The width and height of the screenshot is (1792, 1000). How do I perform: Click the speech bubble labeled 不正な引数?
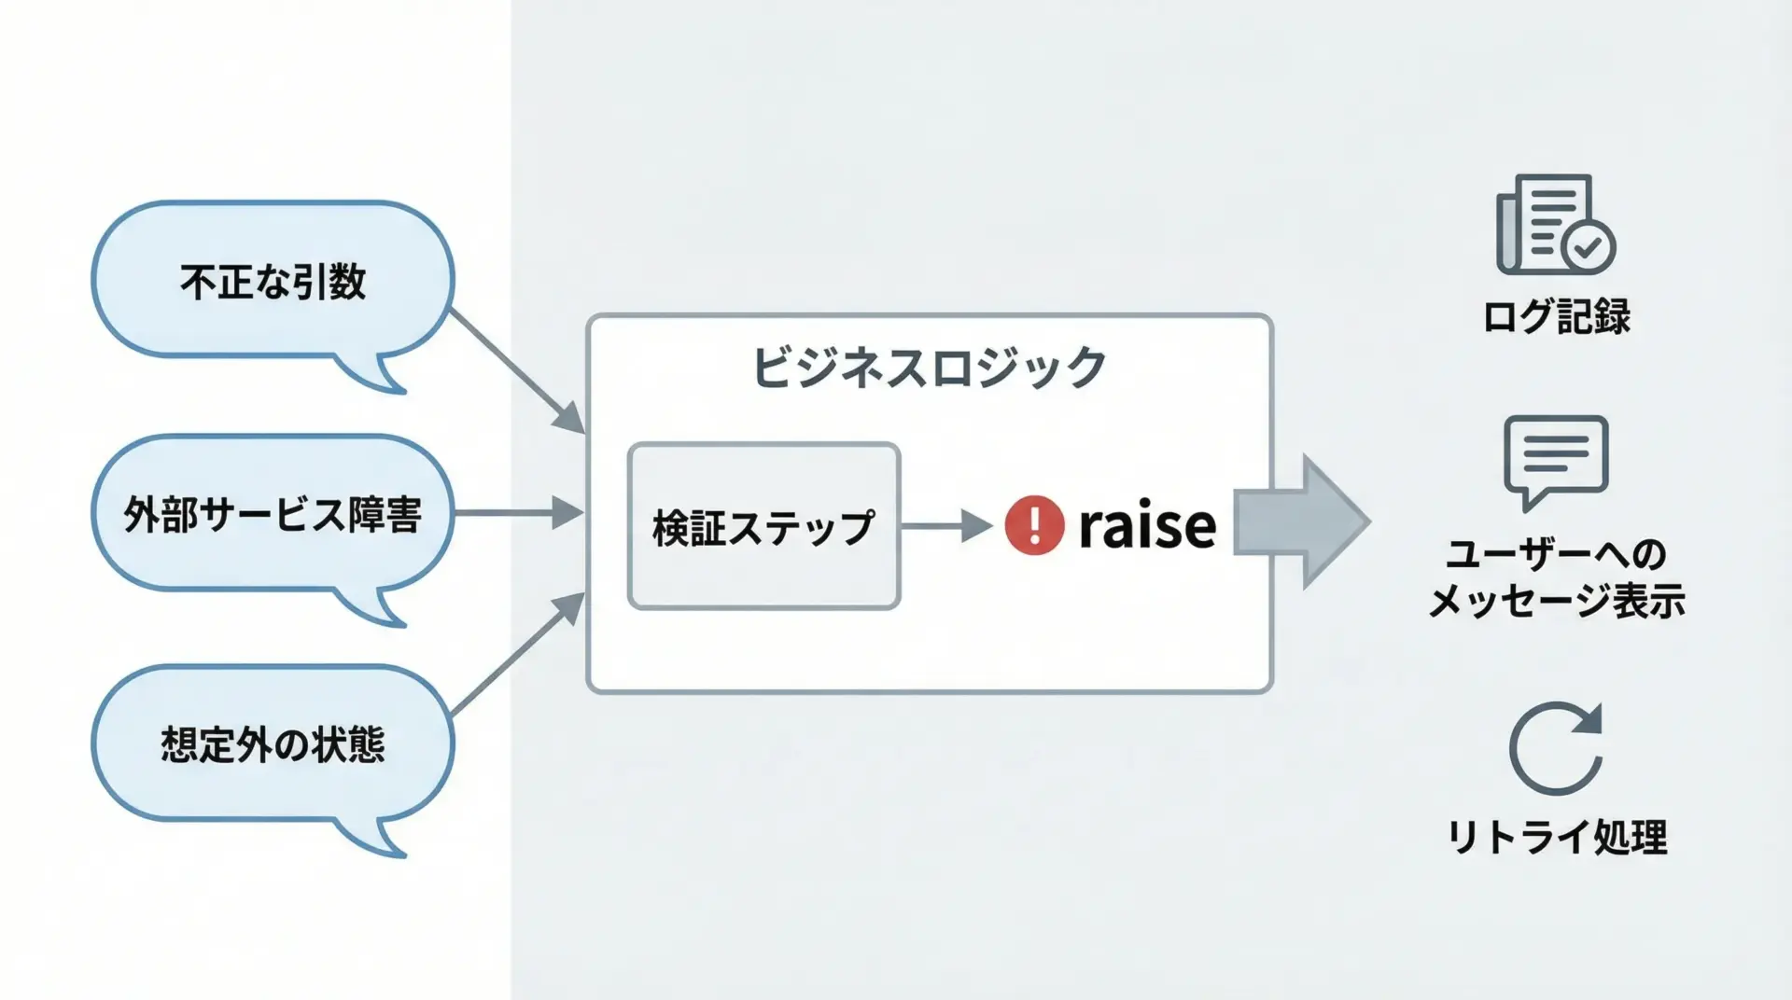273,281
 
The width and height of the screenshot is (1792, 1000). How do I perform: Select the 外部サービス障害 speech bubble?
273,514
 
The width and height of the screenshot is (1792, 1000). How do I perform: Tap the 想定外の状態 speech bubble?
273,744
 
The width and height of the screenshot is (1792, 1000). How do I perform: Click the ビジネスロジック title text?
929,367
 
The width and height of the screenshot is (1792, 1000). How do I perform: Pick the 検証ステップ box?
763,527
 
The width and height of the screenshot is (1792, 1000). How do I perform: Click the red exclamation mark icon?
1034,525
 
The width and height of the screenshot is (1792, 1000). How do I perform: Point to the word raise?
1147,526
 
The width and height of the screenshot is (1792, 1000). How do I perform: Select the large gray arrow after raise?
1302,522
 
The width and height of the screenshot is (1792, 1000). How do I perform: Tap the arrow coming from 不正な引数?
518,372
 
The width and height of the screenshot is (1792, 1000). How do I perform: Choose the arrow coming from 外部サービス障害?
518,513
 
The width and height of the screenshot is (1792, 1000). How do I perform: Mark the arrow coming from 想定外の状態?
518,653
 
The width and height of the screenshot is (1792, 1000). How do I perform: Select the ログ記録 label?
1557,316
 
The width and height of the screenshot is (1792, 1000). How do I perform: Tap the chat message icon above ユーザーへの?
1556,460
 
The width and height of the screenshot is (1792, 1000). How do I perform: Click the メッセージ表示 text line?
1557,600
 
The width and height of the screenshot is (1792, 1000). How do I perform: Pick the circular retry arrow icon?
1556,748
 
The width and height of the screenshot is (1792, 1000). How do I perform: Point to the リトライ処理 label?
1557,837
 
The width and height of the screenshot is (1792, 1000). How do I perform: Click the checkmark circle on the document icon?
1588,247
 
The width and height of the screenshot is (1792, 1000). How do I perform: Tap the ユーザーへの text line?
1557,554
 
